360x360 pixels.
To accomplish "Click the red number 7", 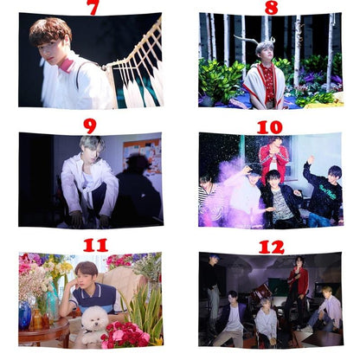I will tap(92, 7).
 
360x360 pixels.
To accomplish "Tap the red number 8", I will tap(271, 7).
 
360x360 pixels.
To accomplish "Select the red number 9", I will tap(90, 125).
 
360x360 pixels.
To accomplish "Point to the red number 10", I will tap(269, 126).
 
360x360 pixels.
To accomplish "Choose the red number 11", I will tap(95, 245).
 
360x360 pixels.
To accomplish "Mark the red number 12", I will tap(270, 247).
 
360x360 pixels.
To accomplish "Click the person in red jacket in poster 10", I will tap(273, 160).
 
